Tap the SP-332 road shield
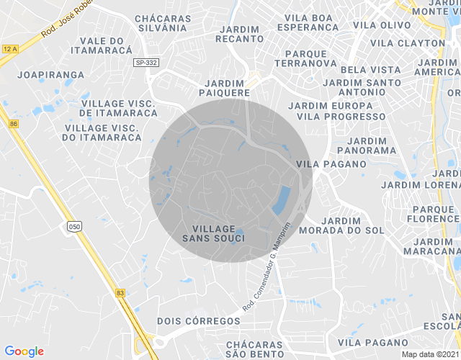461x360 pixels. click(146, 63)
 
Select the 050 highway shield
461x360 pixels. click(75, 228)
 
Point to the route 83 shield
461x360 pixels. click(120, 292)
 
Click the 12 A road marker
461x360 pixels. click(9, 49)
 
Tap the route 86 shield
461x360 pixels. click(13, 125)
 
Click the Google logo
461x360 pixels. click(24, 351)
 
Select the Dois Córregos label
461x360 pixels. click(198, 320)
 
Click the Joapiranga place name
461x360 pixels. click(42, 73)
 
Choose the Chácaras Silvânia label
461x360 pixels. click(163, 23)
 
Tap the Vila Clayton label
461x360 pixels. click(408, 43)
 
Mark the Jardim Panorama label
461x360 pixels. click(372, 145)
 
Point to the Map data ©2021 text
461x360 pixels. click(430, 354)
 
